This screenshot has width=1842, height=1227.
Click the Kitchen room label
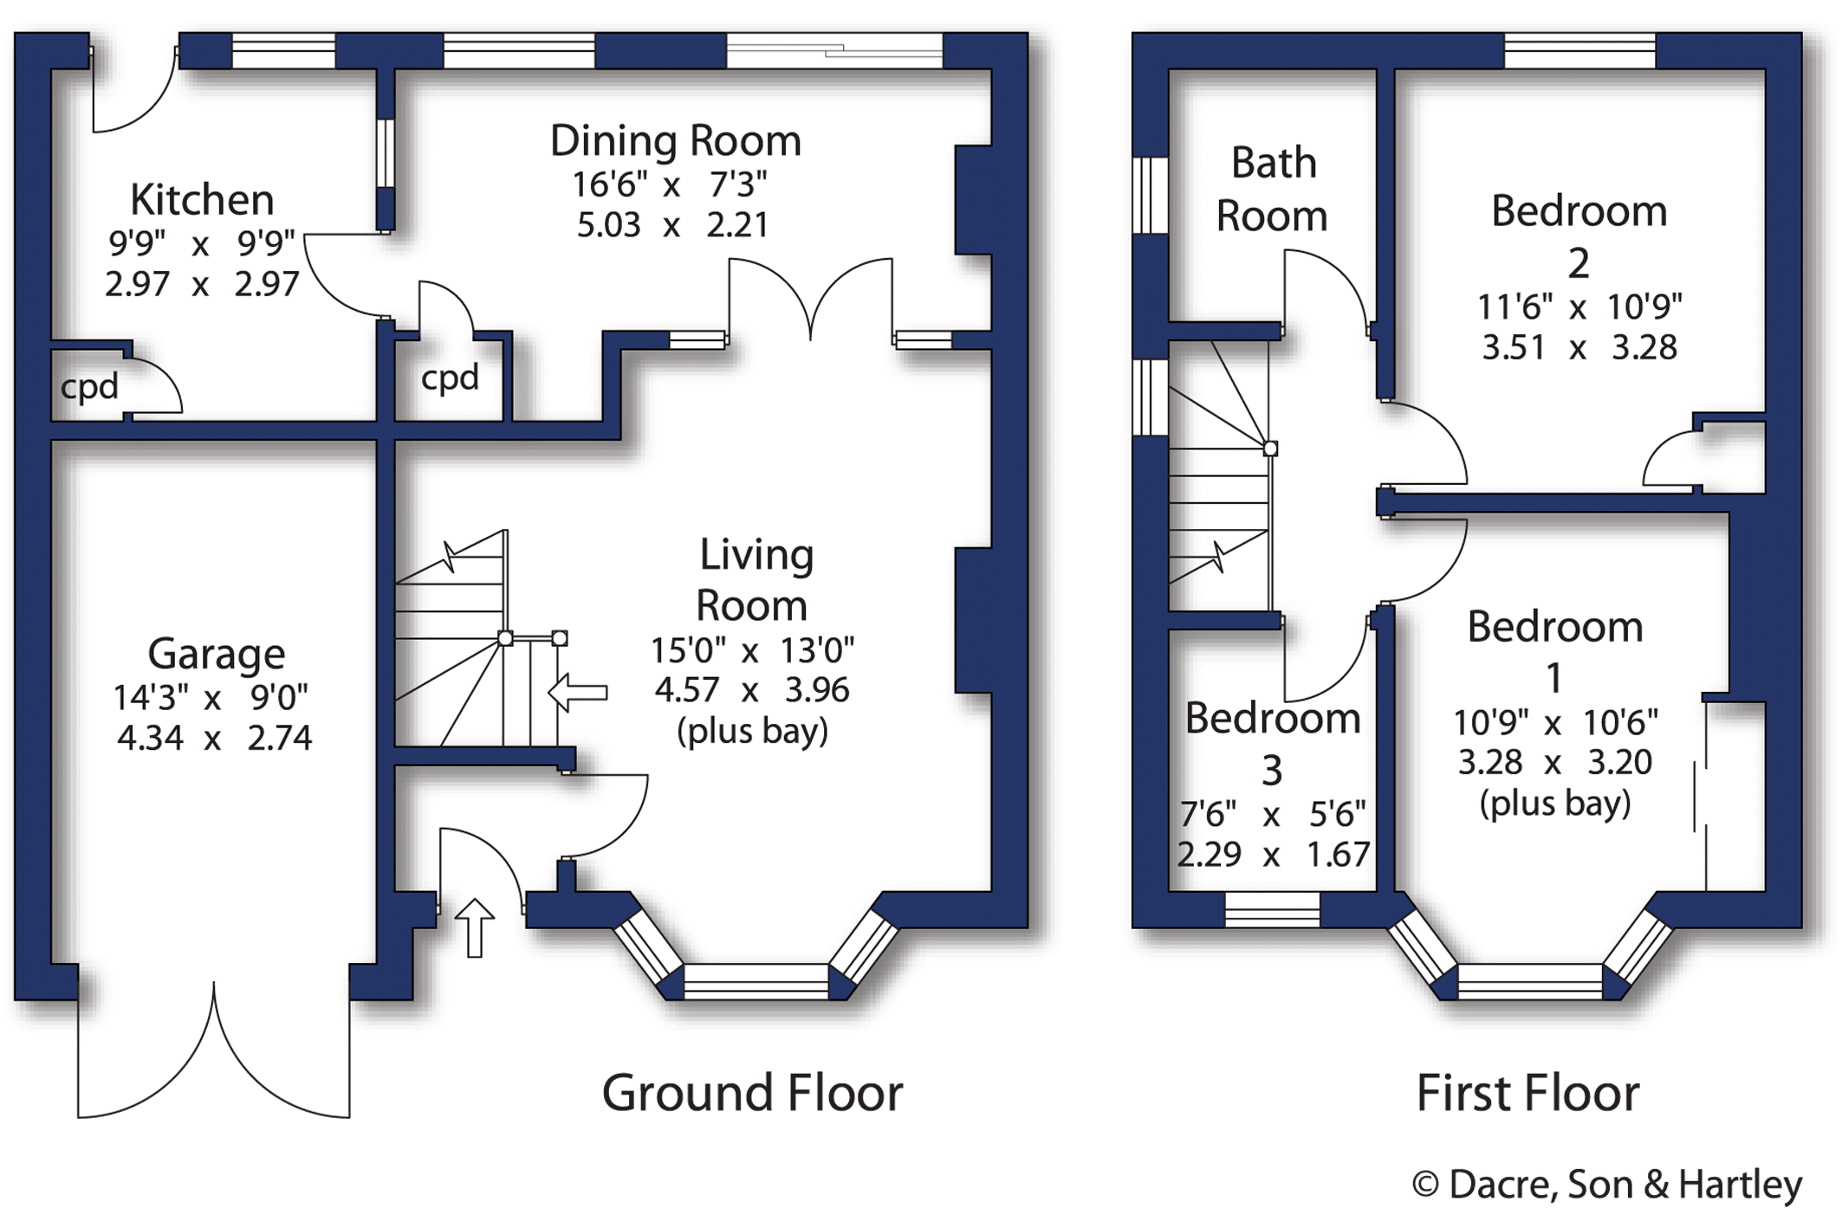pyautogui.click(x=202, y=200)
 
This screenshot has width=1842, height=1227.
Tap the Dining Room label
pyautogui.click(x=676, y=141)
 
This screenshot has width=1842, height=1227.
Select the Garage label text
pyautogui.click(x=217, y=654)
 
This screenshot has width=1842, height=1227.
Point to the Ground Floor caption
pyautogui.click(x=752, y=1093)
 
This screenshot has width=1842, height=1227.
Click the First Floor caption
pyautogui.click(x=1527, y=1093)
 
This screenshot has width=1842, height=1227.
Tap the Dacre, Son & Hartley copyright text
pyautogui.click(x=1607, y=1185)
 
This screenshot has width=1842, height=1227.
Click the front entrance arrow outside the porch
pyautogui.click(x=474, y=927)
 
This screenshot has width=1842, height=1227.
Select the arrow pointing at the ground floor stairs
pyautogui.click(x=578, y=692)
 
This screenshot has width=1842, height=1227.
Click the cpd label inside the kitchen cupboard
pyautogui.click(x=89, y=387)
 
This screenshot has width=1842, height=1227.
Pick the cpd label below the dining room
pyautogui.click(x=450, y=378)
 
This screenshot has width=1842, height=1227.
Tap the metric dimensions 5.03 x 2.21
pyautogui.click(x=672, y=225)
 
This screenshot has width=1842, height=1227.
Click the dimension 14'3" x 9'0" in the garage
pyautogui.click(x=211, y=697)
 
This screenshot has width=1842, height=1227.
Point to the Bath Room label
pyautogui.click(x=1273, y=189)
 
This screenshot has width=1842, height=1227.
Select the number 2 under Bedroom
pyautogui.click(x=1579, y=263)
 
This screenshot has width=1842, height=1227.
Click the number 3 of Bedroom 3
pyautogui.click(x=1272, y=771)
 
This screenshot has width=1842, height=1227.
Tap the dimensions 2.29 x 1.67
pyautogui.click(x=1273, y=855)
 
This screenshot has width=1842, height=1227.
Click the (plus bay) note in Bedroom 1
pyautogui.click(x=1555, y=804)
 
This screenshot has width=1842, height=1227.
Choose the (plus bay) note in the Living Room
pyautogui.click(x=752, y=732)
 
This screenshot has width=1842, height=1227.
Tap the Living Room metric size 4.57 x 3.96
pyautogui.click(x=752, y=690)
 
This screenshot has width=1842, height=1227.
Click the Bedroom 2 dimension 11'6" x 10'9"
pyautogui.click(x=1579, y=307)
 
